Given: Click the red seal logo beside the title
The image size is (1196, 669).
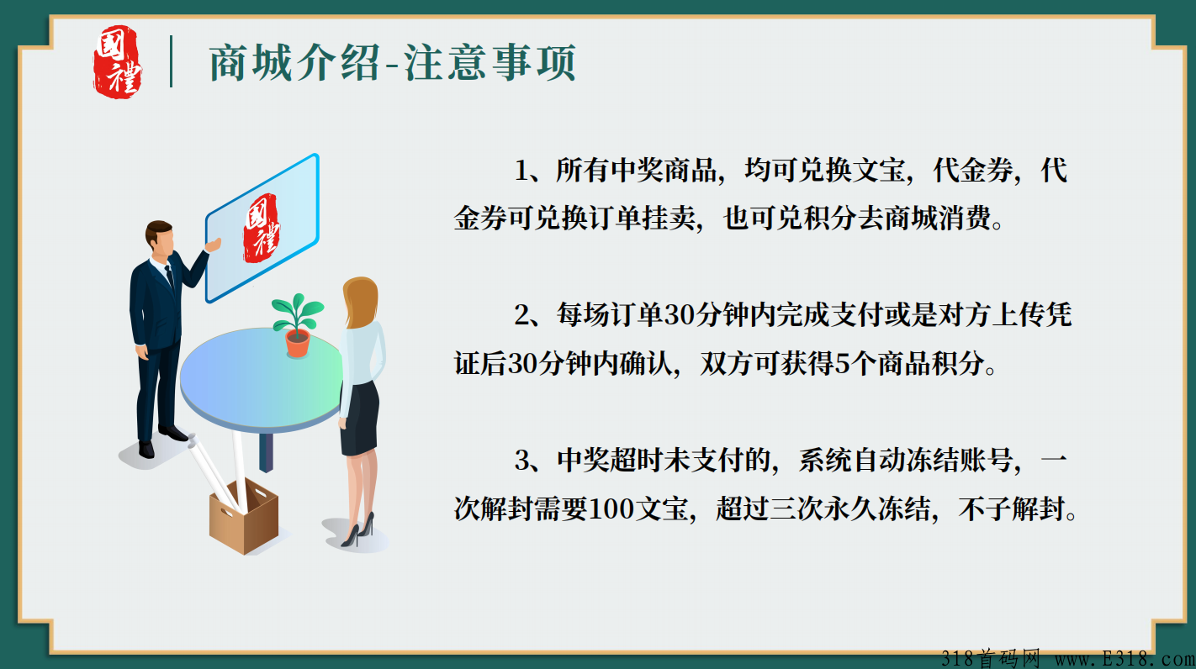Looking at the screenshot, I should point(117,61).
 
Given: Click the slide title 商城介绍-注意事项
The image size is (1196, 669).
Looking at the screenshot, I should point(392,63).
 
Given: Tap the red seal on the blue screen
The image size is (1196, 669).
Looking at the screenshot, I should point(262,229).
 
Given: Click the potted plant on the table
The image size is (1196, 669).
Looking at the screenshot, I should point(296,324).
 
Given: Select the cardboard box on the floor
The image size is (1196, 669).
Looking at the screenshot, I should point(243,517).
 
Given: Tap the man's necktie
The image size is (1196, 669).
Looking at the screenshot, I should point(170,277).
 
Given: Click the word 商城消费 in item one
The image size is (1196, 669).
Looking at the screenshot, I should point(924,219).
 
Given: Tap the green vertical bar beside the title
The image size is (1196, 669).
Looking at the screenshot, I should point(172,61).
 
